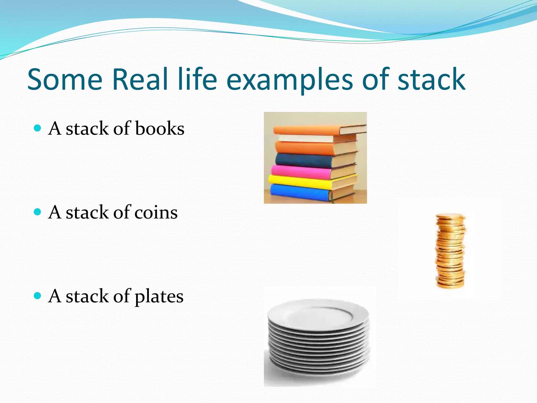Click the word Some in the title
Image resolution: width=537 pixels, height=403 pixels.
pyautogui.click(x=65, y=79)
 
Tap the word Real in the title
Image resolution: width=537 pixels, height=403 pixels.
pyautogui.click(x=140, y=79)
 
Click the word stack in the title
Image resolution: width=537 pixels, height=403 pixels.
pyautogui.click(x=431, y=79)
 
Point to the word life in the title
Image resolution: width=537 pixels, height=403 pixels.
pyautogui.click(x=197, y=79)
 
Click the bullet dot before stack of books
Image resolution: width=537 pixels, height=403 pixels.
pyautogui.click(x=38, y=128)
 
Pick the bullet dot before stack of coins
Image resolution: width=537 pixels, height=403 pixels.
pyautogui.click(x=38, y=212)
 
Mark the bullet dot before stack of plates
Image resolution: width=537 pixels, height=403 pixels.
pyautogui.click(x=38, y=296)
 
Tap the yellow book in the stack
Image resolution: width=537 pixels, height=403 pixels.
pyautogui.click(x=299, y=181)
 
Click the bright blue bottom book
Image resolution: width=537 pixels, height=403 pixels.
pyautogui.click(x=299, y=193)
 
